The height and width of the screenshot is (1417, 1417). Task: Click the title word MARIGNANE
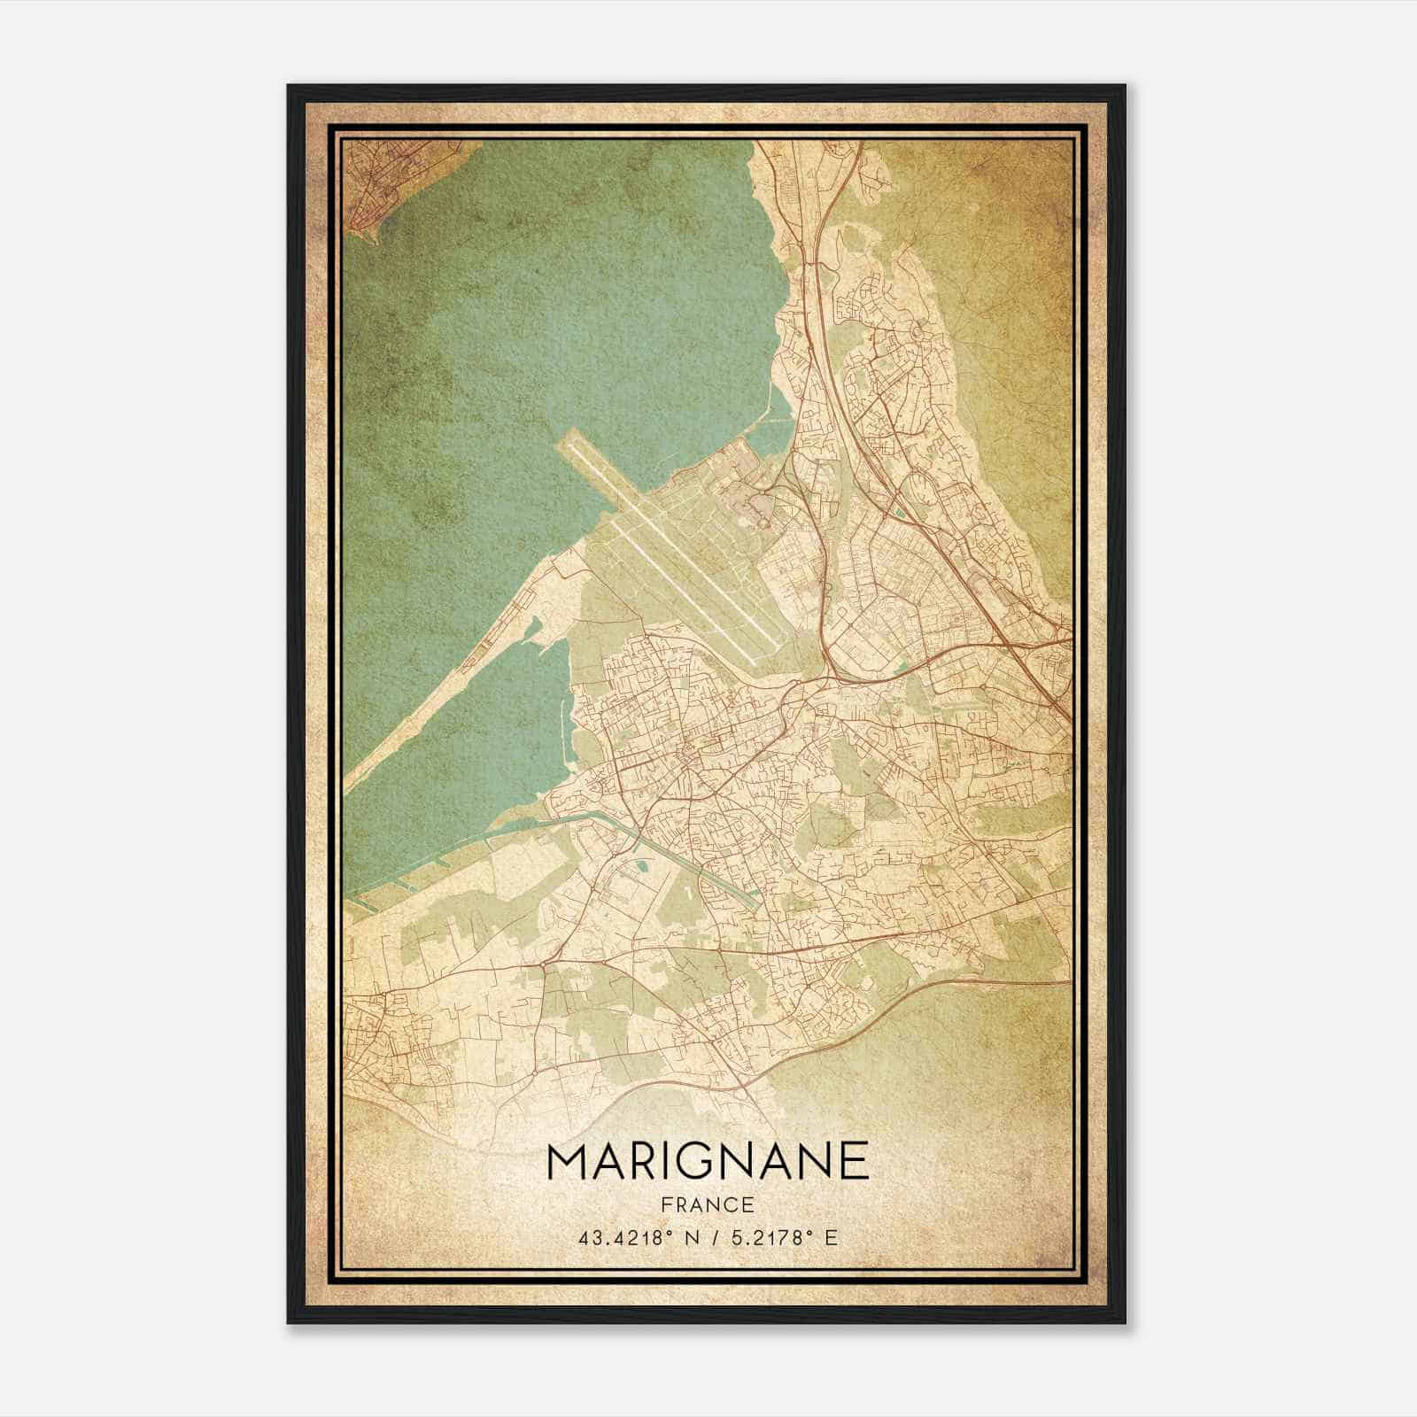click(708, 1162)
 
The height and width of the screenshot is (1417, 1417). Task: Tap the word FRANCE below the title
click(708, 1204)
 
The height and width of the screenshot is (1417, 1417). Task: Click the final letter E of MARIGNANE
click(854, 1162)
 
